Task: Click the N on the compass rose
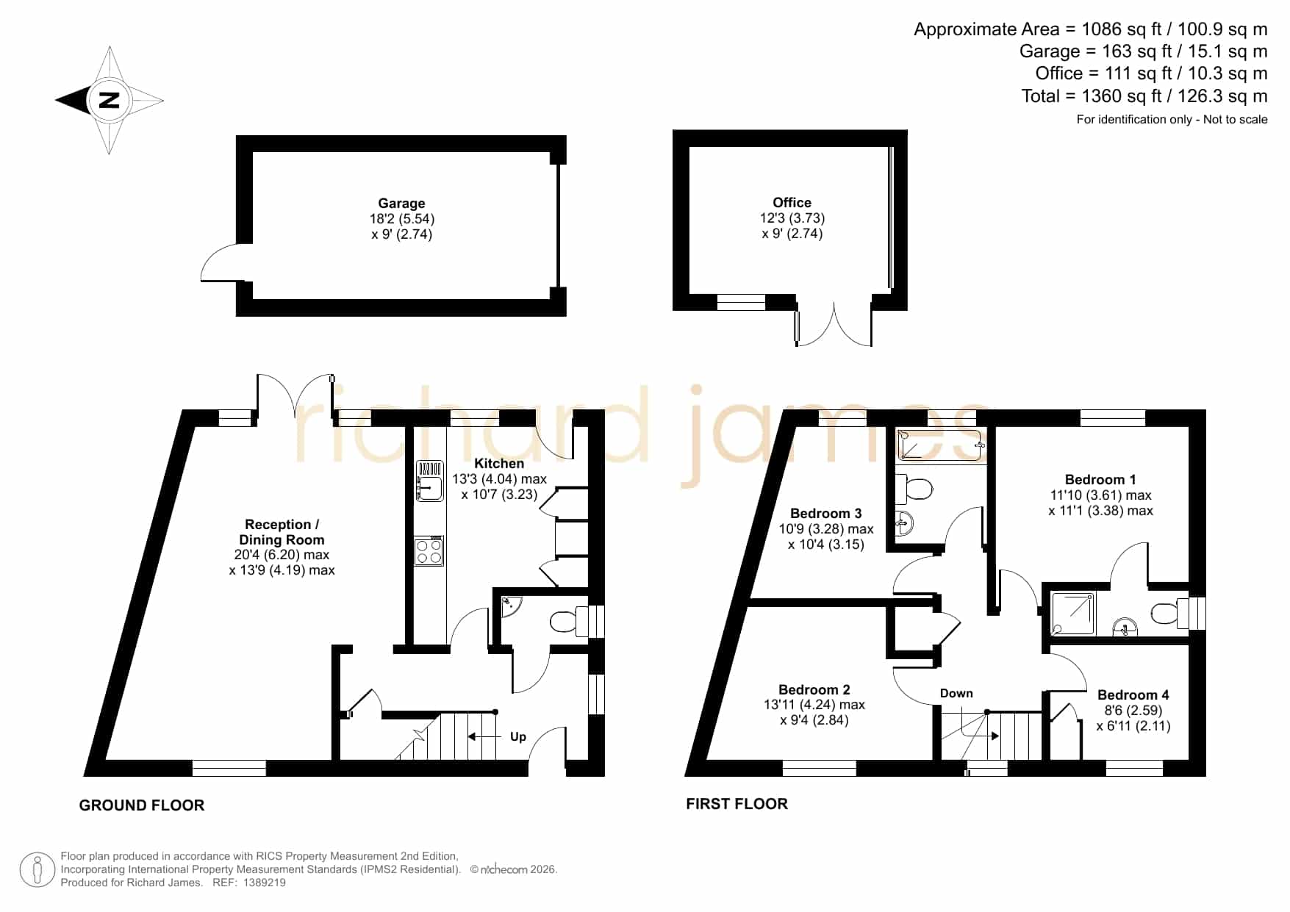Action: click(x=109, y=100)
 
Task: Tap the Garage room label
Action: click(x=401, y=204)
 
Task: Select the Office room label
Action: click(x=792, y=203)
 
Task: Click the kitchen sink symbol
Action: click(x=430, y=481)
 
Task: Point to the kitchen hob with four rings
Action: click(x=429, y=551)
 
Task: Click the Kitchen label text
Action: click(x=499, y=464)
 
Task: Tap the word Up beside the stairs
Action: click(x=518, y=737)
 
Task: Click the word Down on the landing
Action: click(x=956, y=693)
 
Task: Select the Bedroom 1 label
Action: click(x=1100, y=480)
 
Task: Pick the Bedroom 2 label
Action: click(x=814, y=689)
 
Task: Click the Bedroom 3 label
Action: click(x=826, y=513)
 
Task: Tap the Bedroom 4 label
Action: click(x=1133, y=694)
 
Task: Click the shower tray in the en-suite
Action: click(x=1073, y=613)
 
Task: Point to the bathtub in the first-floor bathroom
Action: click(x=940, y=445)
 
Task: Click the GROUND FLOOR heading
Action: click(x=142, y=805)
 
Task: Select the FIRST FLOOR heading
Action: click(x=737, y=804)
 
